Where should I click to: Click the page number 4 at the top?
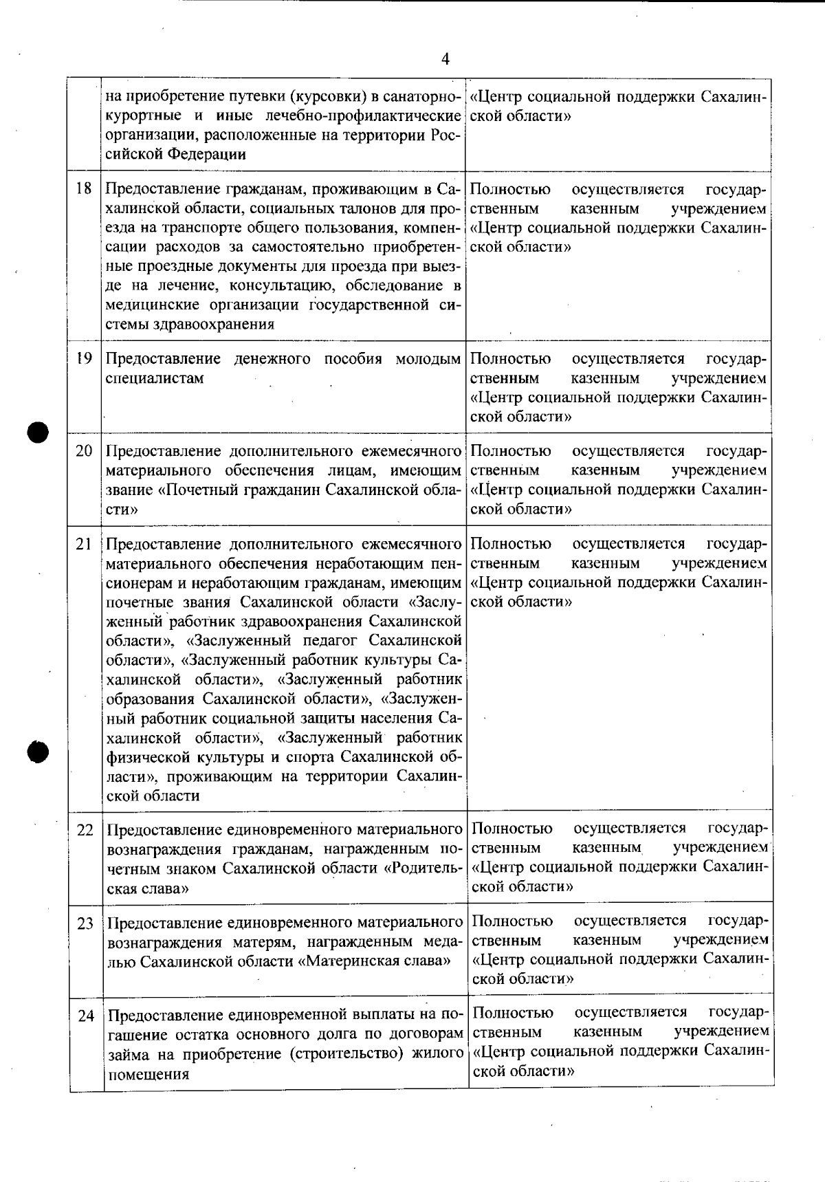coord(445,59)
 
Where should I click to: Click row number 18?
coord(84,188)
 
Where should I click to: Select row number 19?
coord(84,358)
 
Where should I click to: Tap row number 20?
coord(84,451)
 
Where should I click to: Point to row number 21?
coord(84,544)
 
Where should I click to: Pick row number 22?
coord(85,830)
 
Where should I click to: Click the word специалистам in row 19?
coord(155,378)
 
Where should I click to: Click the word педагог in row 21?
coord(331,641)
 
